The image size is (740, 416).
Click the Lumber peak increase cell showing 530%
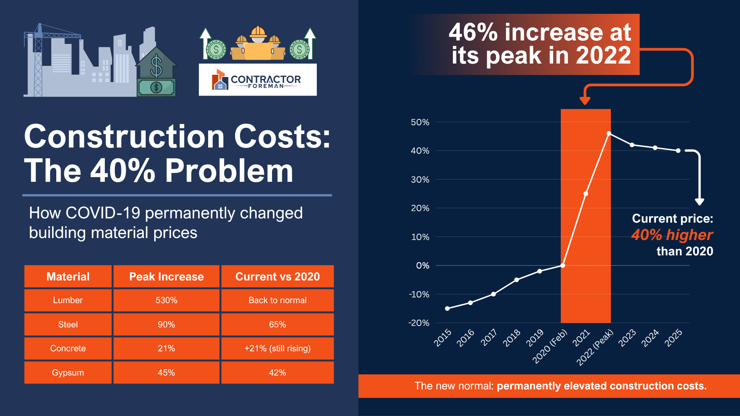coord(166,300)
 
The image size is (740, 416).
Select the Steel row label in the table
coord(68,324)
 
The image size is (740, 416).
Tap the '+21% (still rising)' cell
coord(277,349)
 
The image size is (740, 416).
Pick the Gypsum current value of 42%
coord(277,372)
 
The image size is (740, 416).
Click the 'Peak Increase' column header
coord(166,277)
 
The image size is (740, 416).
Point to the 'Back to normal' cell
coord(277,300)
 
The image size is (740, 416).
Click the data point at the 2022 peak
coord(609,134)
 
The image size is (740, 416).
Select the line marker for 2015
coord(447,309)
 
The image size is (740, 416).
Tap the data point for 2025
coord(678,151)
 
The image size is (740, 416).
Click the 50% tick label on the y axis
coord(420,122)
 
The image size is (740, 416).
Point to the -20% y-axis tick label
coord(419,323)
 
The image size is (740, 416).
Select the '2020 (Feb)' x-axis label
coord(550,346)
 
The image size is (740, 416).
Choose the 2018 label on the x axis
coord(512,338)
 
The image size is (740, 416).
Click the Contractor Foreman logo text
coord(266,82)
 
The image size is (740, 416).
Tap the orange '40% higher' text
coord(672,235)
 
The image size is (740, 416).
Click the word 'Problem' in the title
coord(229,171)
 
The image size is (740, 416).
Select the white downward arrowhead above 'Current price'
coord(700,202)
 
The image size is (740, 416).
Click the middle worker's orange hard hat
coord(258,32)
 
